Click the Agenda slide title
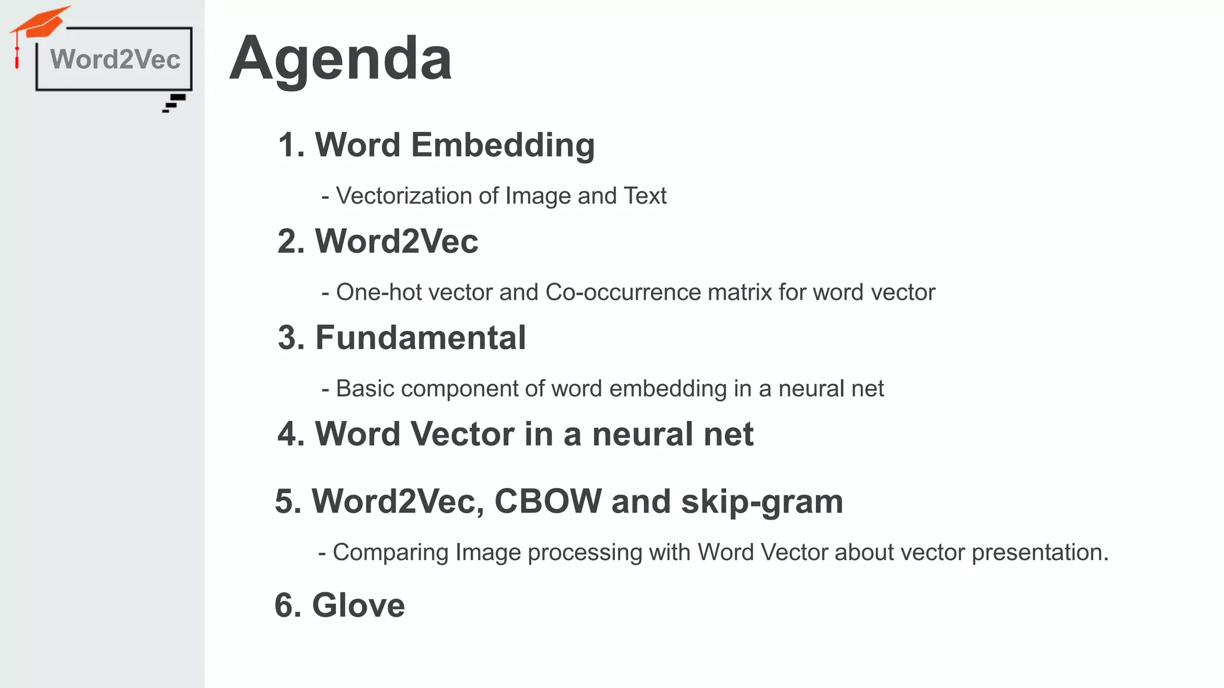point(341,59)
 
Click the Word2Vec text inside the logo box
point(115,60)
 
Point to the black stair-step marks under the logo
point(175,103)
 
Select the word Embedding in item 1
point(503,145)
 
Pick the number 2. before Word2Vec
point(291,241)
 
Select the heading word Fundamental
point(420,337)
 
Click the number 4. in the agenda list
point(291,434)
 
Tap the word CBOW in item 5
point(548,501)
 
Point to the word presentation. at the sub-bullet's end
point(1040,552)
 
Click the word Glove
point(358,605)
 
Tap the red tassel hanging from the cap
point(17,57)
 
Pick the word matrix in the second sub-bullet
point(739,292)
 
